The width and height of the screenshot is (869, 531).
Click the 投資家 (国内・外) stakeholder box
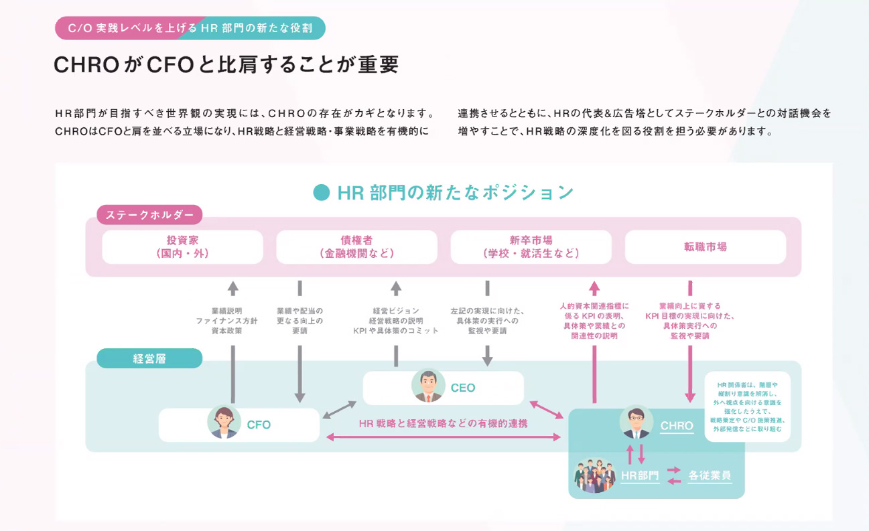(x=182, y=247)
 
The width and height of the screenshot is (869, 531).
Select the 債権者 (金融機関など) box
(x=356, y=247)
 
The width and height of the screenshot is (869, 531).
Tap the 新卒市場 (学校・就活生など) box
(x=531, y=247)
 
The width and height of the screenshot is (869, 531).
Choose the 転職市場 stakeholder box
(x=705, y=247)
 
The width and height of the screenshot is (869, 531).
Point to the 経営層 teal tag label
(x=149, y=358)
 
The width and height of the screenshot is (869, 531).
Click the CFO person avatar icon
(x=224, y=423)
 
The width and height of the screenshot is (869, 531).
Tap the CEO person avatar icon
(x=428, y=386)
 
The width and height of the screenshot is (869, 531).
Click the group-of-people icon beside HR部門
(x=594, y=475)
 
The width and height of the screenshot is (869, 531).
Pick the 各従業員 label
(x=710, y=477)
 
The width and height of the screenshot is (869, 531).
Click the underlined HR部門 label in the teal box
(x=640, y=477)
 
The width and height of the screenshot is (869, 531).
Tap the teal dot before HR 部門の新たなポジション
(x=322, y=193)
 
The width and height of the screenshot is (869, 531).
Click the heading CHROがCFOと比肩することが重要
(x=226, y=65)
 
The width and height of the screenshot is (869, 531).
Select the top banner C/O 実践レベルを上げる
(x=190, y=28)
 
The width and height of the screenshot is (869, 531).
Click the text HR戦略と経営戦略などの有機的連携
(x=443, y=423)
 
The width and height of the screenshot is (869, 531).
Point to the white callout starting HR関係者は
(x=747, y=406)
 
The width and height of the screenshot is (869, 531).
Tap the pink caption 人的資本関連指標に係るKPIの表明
(x=594, y=321)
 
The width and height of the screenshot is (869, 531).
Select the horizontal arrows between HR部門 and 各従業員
(x=673, y=476)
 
